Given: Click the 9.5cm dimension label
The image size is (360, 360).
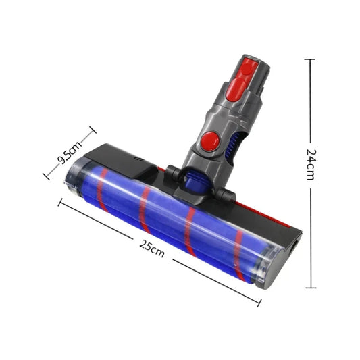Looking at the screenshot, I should coord(69,153).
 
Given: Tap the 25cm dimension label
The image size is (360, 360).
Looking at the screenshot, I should coord(152,245).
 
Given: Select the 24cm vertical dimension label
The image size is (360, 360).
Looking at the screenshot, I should coord(310,164).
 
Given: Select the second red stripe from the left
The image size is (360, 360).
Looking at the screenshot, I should coord(144,210).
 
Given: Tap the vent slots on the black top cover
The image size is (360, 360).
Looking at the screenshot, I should coord(138,161).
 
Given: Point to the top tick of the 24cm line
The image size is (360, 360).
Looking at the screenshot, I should coord(310,59).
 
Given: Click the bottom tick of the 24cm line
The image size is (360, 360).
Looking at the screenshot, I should coord(310,287).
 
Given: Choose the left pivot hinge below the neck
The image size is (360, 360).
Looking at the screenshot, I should coord(173,175).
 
